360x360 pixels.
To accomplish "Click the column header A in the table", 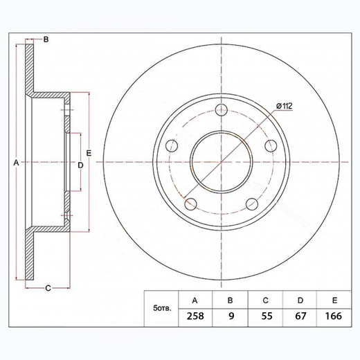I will click(x=195, y=300).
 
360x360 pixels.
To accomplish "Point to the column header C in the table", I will click(x=266, y=300).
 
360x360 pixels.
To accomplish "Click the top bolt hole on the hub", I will click(x=222, y=109).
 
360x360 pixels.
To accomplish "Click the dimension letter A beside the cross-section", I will click(x=16, y=163).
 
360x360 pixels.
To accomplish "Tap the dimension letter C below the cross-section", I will click(x=48, y=287).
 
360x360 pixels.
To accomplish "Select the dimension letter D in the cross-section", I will click(x=80, y=165).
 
